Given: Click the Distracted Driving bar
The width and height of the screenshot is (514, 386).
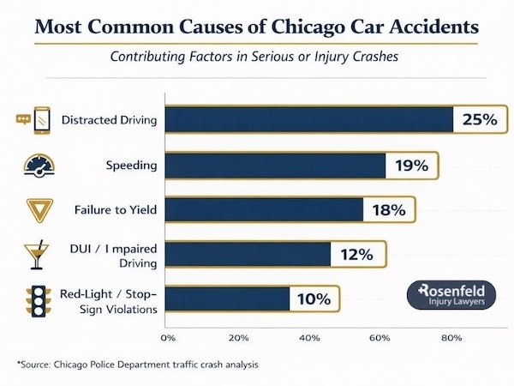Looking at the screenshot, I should coord(308,120).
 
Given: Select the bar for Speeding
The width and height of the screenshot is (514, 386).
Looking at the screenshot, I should coord(275,165).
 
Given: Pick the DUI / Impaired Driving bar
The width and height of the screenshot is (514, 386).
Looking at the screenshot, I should coord(248,254).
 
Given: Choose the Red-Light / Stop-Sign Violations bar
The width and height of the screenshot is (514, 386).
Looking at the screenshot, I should coord(227,299).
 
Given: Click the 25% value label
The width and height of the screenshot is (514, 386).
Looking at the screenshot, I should coord(477,120).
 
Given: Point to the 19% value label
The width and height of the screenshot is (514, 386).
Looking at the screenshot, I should coord(411,165).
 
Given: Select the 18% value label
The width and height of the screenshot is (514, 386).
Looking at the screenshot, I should coord(389,209).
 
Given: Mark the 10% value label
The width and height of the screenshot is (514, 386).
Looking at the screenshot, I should coord(314,299).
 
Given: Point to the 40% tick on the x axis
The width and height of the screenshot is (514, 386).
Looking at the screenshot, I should coord(309,337).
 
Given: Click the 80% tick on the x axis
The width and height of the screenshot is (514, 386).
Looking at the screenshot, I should coord(451,337).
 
